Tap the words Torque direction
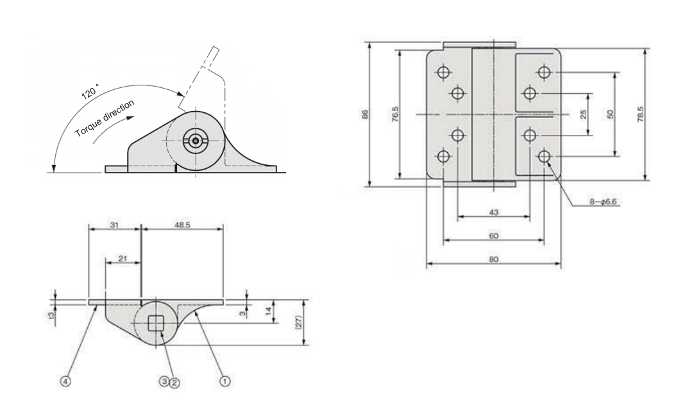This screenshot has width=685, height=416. (105, 117)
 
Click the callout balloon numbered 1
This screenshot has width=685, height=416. (225, 380)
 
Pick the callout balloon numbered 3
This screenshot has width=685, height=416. (165, 380)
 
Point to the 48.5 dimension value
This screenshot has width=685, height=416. (182, 226)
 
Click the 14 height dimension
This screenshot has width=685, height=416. (269, 311)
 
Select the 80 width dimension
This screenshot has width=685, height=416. (494, 259)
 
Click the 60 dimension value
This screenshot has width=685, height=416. (494, 236)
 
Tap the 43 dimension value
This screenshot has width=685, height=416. (494, 212)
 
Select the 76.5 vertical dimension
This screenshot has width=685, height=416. (395, 114)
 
